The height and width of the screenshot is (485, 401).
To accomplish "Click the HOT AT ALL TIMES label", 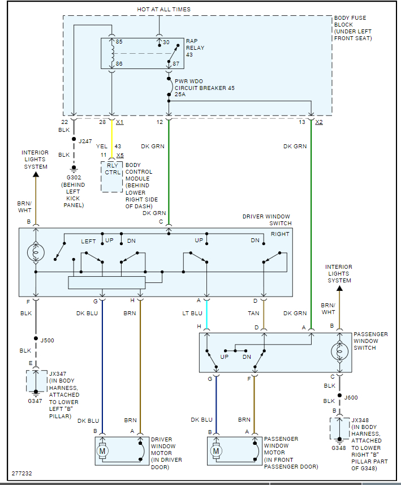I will click(x=163, y=10).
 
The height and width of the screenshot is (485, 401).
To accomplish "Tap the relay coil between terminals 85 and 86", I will click(x=112, y=54).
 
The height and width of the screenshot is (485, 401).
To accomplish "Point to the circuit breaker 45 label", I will click(x=204, y=88).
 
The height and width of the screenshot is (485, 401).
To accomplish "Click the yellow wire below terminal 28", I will click(x=111, y=139).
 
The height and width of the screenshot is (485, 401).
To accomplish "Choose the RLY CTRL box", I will click(x=111, y=168).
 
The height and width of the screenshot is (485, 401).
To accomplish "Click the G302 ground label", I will click(x=72, y=178).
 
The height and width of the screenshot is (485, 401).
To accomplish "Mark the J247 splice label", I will click(x=85, y=141).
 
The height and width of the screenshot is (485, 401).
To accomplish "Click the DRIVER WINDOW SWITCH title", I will click(x=266, y=217).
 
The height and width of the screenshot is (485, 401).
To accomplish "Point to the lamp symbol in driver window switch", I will click(x=36, y=252).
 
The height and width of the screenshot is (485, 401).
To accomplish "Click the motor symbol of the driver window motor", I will click(x=102, y=451).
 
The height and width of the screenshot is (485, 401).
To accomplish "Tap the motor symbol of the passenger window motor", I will click(x=215, y=451).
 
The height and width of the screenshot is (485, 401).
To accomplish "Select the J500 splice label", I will click(x=48, y=340).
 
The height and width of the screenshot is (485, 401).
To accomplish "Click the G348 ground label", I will click(x=339, y=448).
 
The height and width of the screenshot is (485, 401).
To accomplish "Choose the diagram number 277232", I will click(x=23, y=473).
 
